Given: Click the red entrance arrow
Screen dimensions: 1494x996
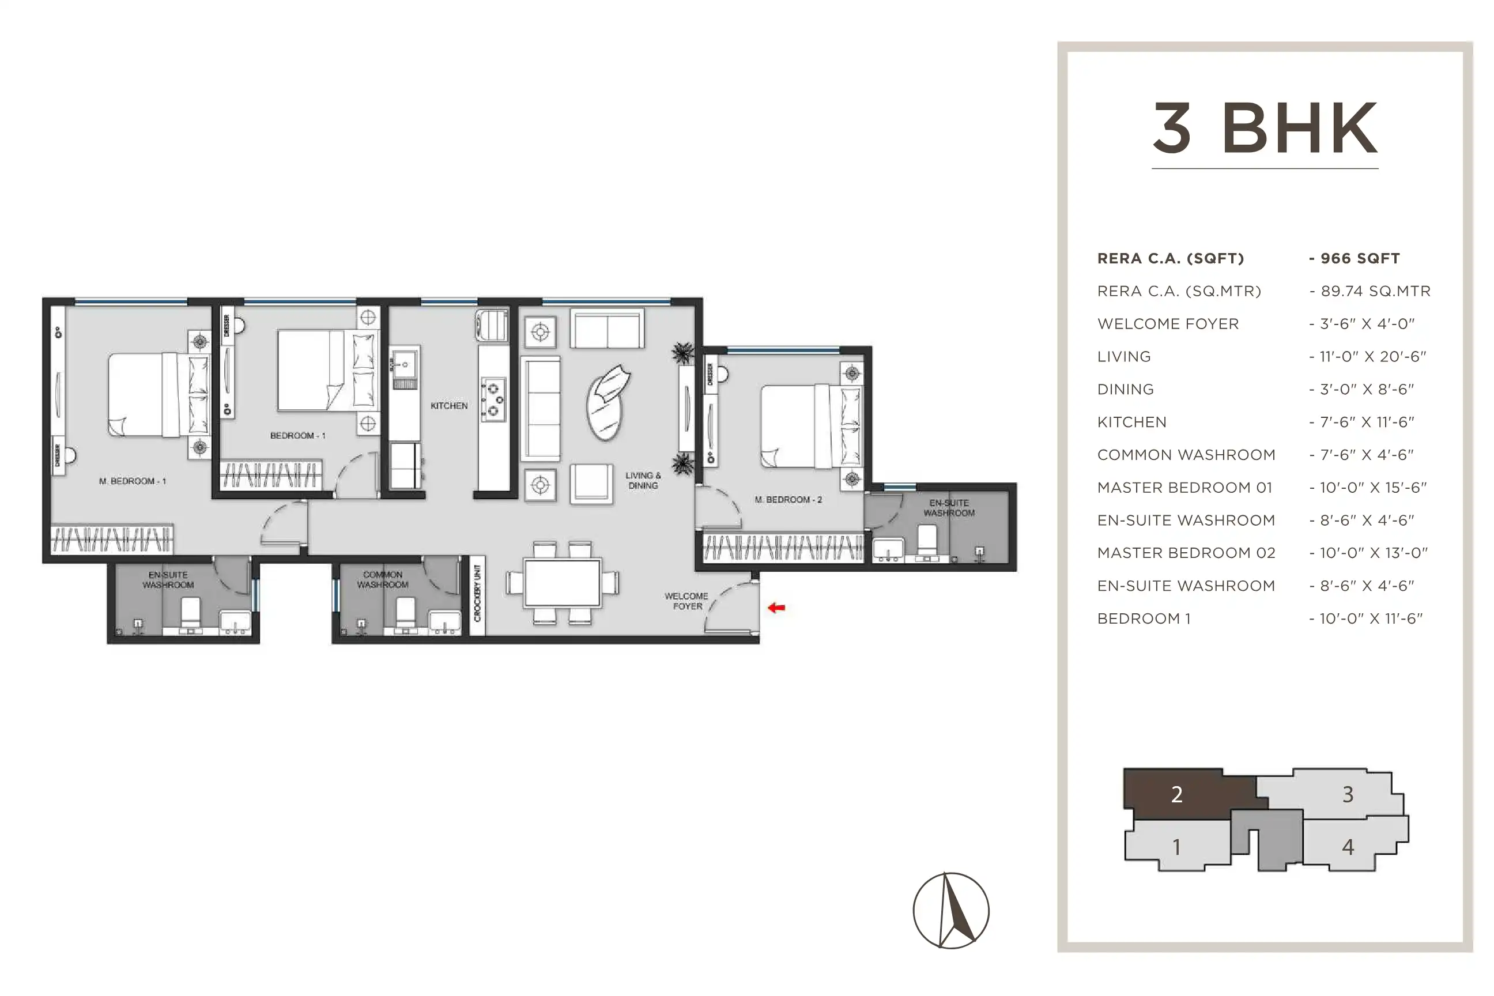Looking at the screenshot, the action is pyautogui.click(x=776, y=608).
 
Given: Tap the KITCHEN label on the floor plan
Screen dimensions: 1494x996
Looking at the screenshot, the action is pyautogui.click(x=449, y=406).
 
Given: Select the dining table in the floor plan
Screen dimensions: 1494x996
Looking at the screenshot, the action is pyautogui.click(x=563, y=583).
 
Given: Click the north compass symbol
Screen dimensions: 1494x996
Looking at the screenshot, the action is pyautogui.click(x=951, y=910).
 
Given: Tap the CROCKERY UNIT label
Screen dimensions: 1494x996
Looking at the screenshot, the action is pyautogui.click(x=478, y=593).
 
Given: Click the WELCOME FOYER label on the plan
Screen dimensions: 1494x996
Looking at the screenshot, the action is pyautogui.click(x=686, y=601).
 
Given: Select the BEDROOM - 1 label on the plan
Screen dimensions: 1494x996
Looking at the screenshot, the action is pyautogui.click(x=297, y=436).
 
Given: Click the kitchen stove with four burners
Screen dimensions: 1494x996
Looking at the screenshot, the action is pyautogui.click(x=493, y=399).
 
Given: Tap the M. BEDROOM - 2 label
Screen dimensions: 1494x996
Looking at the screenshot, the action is pyautogui.click(x=788, y=500).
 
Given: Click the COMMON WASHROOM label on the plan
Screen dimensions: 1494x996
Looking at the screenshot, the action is pyautogui.click(x=382, y=579).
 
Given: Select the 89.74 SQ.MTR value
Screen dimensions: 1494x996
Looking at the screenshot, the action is pyautogui.click(x=1376, y=291).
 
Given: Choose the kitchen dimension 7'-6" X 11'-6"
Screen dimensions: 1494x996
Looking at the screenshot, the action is pyautogui.click(x=1367, y=422).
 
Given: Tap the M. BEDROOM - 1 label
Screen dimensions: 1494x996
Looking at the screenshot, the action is pyautogui.click(x=132, y=481).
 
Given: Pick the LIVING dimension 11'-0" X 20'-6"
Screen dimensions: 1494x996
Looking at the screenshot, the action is pyautogui.click(x=1373, y=356).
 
